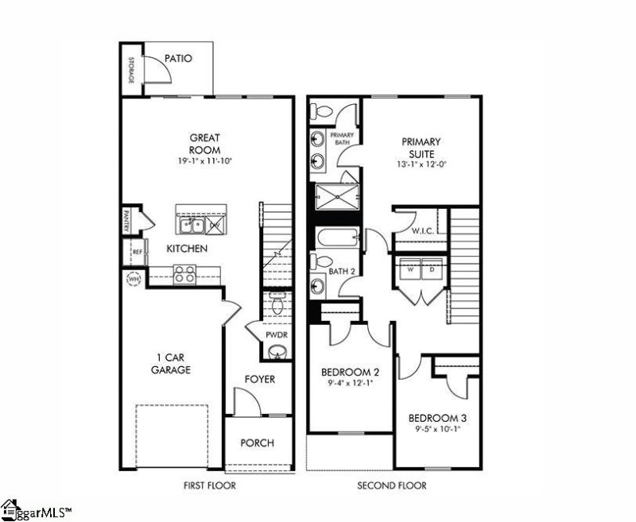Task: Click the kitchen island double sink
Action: click(191, 226)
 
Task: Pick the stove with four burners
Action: click(185, 274)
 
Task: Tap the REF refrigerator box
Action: click(137, 252)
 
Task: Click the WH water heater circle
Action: click(133, 279)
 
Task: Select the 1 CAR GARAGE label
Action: click(171, 362)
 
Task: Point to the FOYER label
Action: click(259, 379)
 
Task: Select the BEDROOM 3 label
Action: click(436, 419)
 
